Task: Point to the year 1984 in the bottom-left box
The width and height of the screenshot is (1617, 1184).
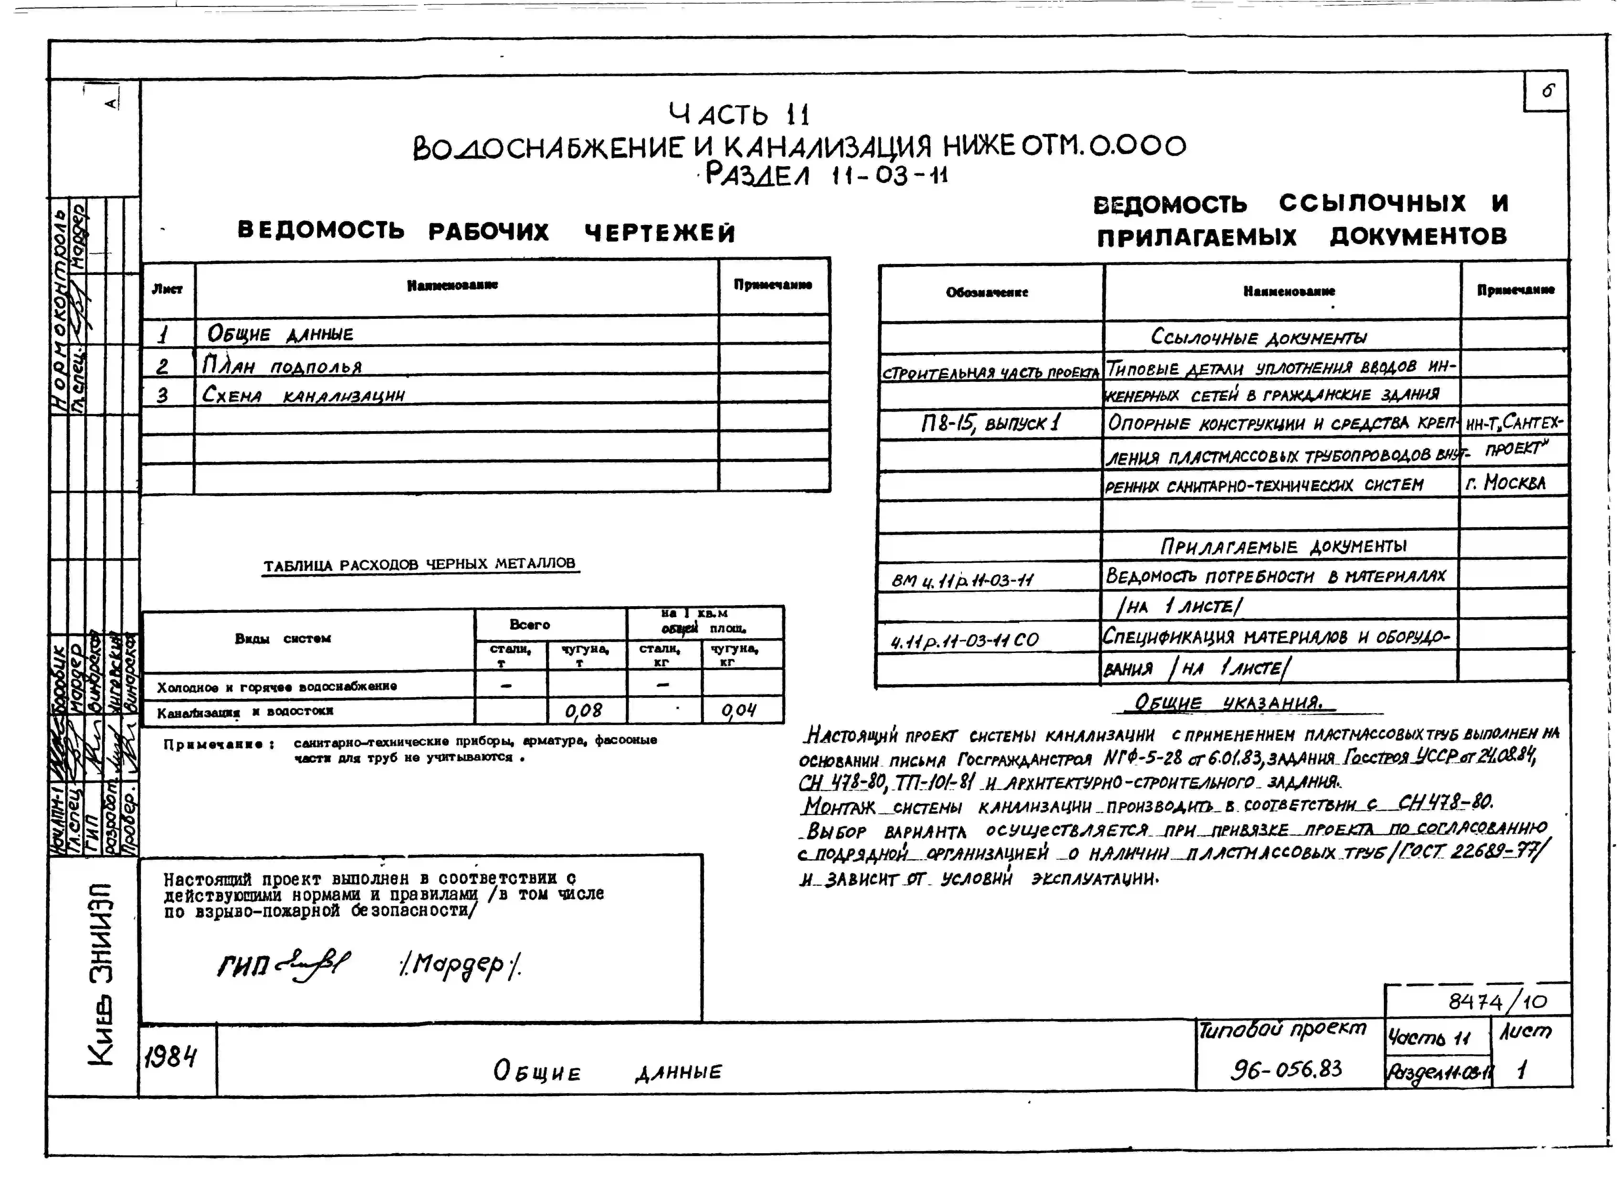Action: point(170,1056)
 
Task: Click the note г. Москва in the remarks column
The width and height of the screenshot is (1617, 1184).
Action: point(1506,482)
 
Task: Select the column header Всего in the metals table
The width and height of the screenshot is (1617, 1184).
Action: point(530,624)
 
